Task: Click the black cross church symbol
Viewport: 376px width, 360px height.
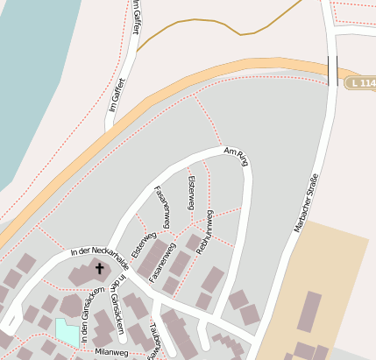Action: coord(99,269)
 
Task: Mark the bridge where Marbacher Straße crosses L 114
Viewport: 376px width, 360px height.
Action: coord(332,69)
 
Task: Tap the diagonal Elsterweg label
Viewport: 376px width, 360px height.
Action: coord(143,244)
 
